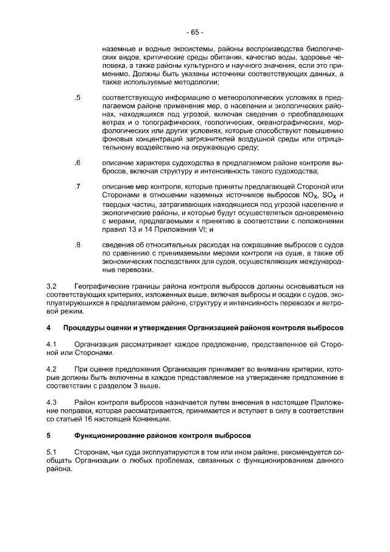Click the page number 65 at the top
pyautogui.click(x=195, y=32)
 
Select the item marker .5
pyautogui.click(x=77, y=98)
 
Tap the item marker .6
pyautogui.click(x=77, y=163)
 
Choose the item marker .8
pyautogui.click(x=77, y=245)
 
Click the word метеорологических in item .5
pyautogui.click(x=210, y=98)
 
